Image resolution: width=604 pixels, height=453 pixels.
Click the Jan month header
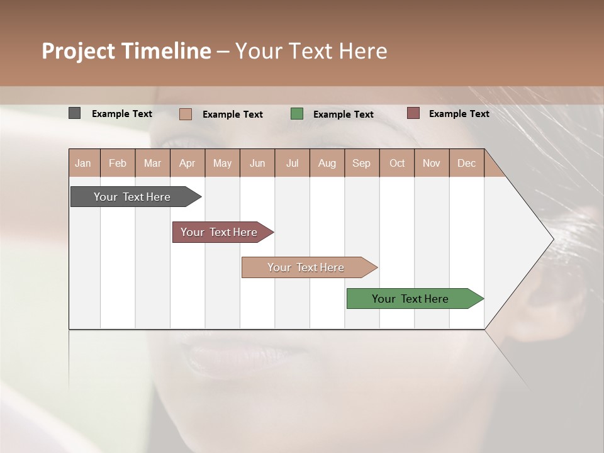(x=83, y=163)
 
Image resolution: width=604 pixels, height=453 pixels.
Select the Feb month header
(x=118, y=163)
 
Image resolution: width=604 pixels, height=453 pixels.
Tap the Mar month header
(x=152, y=163)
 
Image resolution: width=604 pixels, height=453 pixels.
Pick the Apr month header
(x=187, y=163)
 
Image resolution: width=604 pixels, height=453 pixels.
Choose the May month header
(x=222, y=163)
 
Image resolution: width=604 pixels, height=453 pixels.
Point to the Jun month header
(x=257, y=163)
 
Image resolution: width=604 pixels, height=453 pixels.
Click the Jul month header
(x=292, y=163)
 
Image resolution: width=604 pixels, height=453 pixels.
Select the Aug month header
(x=327, y=163)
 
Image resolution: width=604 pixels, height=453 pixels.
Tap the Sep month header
(x=361, y=163)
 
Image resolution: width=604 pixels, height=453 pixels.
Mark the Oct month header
(x=397, y=163)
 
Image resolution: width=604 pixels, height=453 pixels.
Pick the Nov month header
(x=432, y=163)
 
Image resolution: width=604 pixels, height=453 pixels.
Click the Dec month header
(x=466, y=163)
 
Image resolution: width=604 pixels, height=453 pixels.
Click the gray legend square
(x=74, y=113)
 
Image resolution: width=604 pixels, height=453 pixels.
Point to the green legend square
(x=297, y=113)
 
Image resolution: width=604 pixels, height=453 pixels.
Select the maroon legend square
(x=413, y=113)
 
